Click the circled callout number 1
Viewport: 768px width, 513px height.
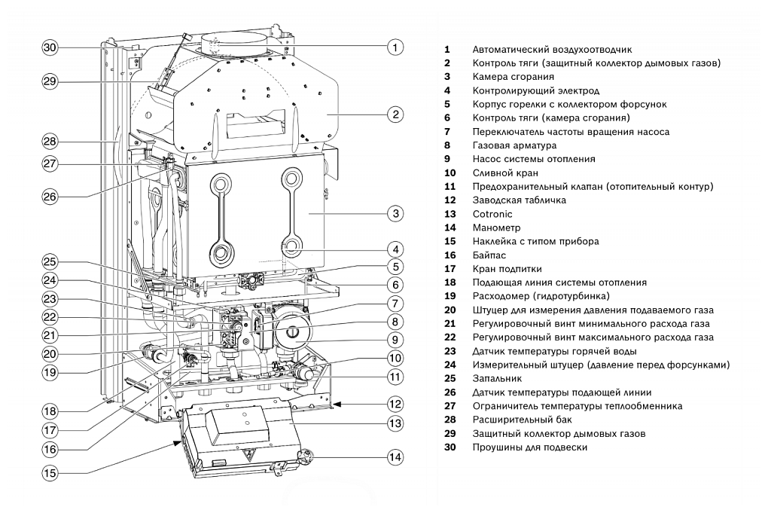396,47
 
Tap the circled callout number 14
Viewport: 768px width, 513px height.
396,457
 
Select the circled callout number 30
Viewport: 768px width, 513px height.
50,47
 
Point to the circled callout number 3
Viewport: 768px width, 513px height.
396,213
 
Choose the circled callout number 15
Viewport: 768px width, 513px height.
50,474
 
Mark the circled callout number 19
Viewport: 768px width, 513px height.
50,371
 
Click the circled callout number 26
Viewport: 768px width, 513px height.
50,197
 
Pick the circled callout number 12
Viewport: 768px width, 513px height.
396,403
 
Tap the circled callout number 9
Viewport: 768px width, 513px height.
396,340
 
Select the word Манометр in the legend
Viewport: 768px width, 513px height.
496,227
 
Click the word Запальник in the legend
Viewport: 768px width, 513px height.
497,378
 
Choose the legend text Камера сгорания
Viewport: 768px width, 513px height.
513,77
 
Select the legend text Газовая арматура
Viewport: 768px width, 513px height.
514,145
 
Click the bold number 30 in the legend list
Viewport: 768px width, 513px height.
450,447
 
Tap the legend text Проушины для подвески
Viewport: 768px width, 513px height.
530,447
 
